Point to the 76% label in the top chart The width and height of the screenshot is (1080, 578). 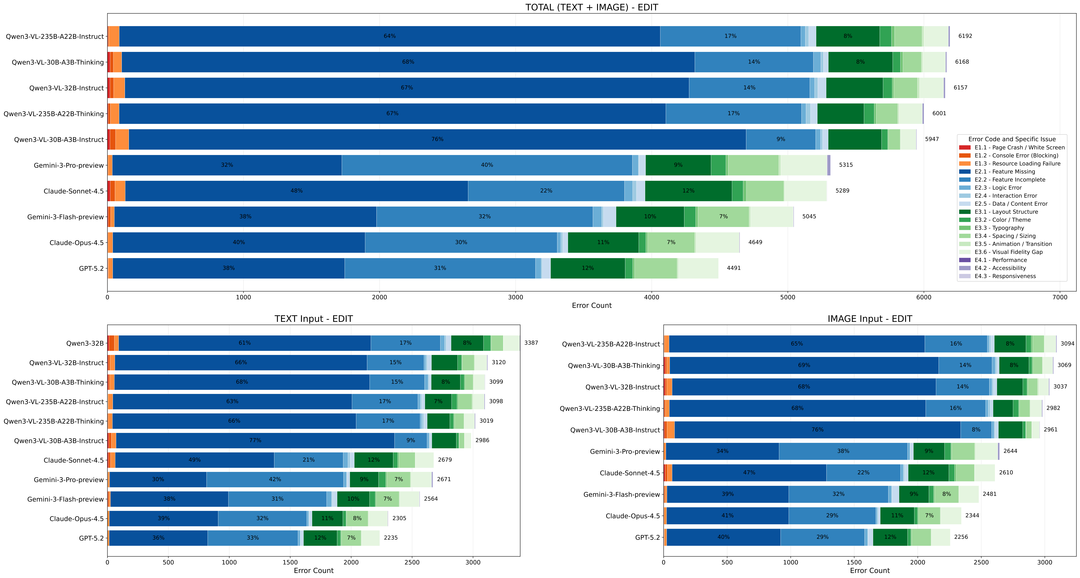[x=437, y=139]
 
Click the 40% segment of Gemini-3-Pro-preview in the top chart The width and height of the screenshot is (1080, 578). [x=487, y=165]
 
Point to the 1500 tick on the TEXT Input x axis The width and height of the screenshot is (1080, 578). [x=290, y=562]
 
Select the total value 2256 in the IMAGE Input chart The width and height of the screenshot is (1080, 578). [x=961, y=537]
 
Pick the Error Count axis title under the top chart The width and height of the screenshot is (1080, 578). [x=592, y=306]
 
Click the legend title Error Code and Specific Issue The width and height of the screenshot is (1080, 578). [x=1012, y=139]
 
